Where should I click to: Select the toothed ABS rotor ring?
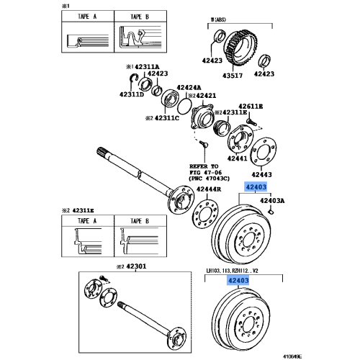tap(241, 47)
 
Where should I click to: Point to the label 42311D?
tap(132, 94)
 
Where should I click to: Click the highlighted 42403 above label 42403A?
tap(256, 187)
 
